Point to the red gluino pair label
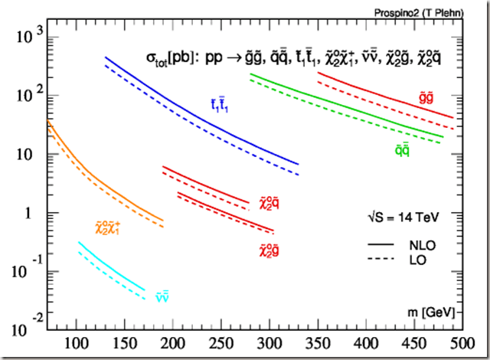pyautogui.click(x=426, y=97)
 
